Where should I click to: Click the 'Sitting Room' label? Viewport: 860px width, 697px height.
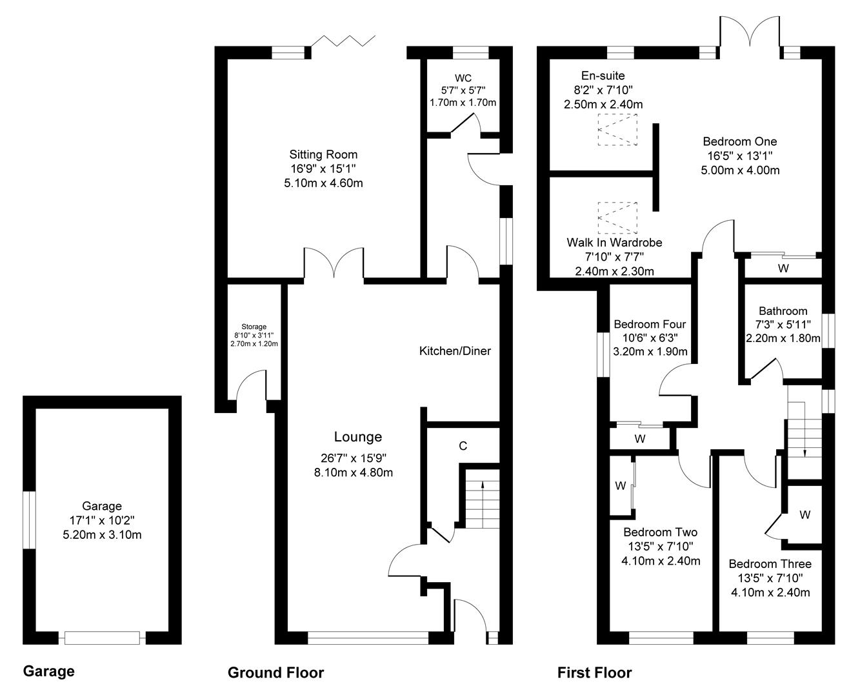click(323, 154)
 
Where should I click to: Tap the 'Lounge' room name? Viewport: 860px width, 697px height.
click(357, 437)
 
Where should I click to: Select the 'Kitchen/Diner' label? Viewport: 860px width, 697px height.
click(455, 351)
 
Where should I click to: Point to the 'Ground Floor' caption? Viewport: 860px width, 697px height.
click(275, 672)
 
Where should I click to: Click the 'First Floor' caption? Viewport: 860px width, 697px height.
click(594, 672)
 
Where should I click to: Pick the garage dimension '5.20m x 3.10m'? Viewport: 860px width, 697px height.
click(102, 534)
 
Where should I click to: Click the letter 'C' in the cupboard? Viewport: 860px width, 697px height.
click(463, 446)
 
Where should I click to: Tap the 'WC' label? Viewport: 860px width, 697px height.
click(463, 78)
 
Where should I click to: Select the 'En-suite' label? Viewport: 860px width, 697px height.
click(603, 76)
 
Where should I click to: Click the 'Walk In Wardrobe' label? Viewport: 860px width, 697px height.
click(615, 242)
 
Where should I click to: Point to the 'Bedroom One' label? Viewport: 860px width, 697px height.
click(740, 141)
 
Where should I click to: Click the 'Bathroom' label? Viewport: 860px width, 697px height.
click(783, 311)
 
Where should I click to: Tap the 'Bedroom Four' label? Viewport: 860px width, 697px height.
click(650, 324)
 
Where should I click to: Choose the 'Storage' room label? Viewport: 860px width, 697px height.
click(254, 327)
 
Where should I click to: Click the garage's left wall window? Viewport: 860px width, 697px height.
click(29, 520)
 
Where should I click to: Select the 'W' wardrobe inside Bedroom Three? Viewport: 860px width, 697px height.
click(805, 515)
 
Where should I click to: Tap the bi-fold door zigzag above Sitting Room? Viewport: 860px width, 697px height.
click(343, 41)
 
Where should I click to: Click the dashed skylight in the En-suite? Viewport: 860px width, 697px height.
click(617, 130)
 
